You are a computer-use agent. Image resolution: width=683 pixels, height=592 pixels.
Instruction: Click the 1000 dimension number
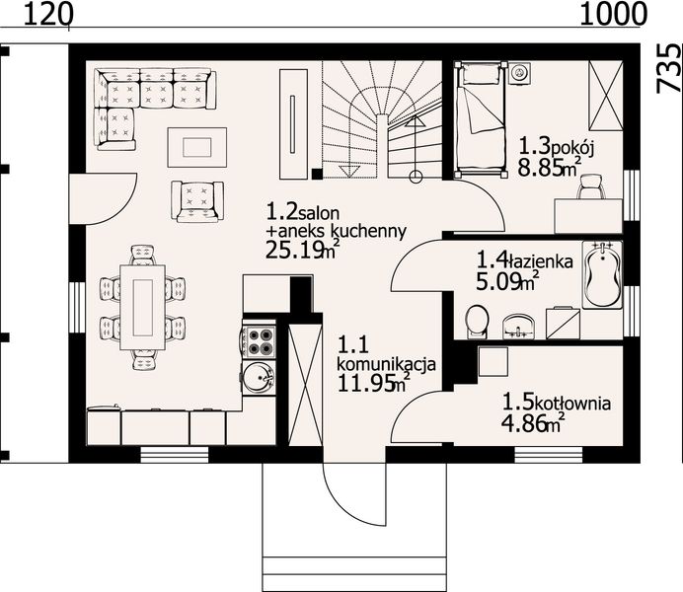click(x=613, y=15)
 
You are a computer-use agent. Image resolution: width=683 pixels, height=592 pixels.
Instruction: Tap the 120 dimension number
click(x=46, y=15)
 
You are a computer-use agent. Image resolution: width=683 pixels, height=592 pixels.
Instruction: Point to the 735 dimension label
click(x=668, y=68)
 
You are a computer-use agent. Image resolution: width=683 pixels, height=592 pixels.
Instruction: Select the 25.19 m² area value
click(x=302, y=250)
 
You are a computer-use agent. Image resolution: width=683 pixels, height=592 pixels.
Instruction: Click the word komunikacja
click(x=386, y=365)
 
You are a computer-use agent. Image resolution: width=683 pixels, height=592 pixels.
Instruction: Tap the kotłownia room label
click(x=571, y=404)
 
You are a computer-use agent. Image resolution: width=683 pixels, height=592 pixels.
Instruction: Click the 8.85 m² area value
click(x=550, y=167)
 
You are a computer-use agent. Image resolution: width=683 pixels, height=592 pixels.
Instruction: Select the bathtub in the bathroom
click(x=602, y=275)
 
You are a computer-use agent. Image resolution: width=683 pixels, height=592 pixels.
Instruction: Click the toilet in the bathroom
click(x=478, y=322)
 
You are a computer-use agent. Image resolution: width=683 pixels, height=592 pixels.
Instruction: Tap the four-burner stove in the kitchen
click(x=260, y=342)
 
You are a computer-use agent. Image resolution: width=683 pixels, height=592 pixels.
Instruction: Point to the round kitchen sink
click(x=258, y=378)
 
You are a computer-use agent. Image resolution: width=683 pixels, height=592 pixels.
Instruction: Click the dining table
click(x=142, y=307)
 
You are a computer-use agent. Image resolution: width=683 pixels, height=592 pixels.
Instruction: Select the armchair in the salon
click(x=197, y=201)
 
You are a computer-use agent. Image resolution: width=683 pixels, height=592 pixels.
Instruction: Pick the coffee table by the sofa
click(x=196, y=147)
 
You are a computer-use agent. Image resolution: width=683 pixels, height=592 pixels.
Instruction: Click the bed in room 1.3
click(x=481, y=119)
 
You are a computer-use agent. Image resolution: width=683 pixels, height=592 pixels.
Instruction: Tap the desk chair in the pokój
click(x=590, y=186)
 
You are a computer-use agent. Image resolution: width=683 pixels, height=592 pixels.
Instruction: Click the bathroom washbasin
click(x=518, y=327)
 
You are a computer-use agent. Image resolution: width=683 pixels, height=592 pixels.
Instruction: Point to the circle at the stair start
click(x=416, y=177)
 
